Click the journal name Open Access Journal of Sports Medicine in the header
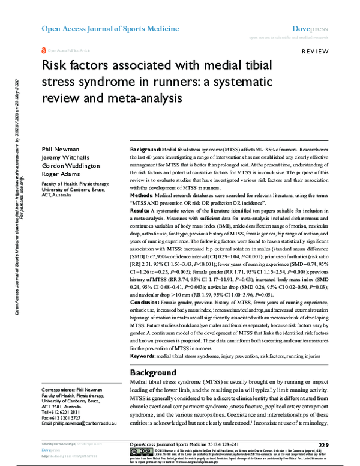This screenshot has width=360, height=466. (110, 29)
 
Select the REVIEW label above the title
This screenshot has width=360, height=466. (314, 53)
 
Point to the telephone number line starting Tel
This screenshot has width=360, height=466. (59, 413)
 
